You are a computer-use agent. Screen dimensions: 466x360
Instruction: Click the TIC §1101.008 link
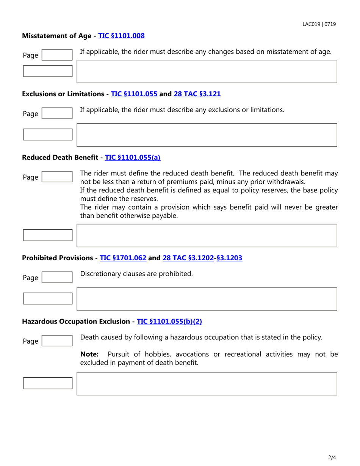tap(121, 36)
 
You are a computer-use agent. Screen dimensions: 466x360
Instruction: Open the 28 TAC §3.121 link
tap(197, 94)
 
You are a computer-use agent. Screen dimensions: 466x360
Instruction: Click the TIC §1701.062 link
tap(123, 258)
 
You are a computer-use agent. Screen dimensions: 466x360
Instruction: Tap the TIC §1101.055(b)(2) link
tap(169, 321)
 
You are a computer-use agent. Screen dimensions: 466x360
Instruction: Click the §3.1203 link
tap(229, 258)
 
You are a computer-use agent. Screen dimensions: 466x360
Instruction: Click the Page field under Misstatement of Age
tap(56, 55)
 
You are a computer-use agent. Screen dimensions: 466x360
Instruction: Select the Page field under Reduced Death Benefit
tap(56, 177)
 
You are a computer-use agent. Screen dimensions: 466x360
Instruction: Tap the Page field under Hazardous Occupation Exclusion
tap(56, 341)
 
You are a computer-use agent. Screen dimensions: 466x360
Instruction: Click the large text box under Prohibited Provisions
tap(207, 299)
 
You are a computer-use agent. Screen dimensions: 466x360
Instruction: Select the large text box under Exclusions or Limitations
tap(207, 135)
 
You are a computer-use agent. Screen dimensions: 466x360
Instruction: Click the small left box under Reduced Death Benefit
tap(48, 235)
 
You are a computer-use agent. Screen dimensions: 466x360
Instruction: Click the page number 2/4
tap(332, 457)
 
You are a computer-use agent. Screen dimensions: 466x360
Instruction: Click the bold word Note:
tap(89, 354)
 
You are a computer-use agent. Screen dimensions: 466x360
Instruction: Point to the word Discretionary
tap(100, 274)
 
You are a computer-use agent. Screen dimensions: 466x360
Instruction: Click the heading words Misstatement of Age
tap(56, 36)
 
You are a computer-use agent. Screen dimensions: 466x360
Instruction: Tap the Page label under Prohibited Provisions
tap(30, 278)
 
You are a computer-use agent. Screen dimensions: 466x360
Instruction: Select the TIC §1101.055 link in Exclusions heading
tap(134, 94)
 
